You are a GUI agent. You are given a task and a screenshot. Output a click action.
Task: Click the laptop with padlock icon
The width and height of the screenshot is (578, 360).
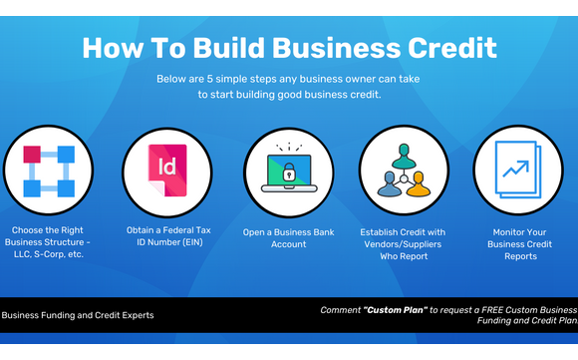tap(288, 171)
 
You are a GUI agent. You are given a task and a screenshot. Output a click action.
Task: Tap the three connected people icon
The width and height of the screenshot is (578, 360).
tap(404, 171)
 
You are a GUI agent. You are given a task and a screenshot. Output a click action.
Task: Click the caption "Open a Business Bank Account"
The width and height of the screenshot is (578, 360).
tap(288, 237)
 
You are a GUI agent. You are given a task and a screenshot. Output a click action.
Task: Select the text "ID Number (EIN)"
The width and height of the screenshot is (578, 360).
tap(165, 244)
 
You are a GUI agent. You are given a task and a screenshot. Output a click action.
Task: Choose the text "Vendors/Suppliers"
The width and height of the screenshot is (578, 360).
tap(404, 244)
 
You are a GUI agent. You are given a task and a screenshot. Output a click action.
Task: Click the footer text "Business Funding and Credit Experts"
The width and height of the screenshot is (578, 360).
tap(78, 315)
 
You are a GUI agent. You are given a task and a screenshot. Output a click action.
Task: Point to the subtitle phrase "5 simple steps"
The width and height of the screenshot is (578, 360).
tap(250, 79)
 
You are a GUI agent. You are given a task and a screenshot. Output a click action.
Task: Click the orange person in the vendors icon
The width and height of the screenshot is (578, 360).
tap(419, 186)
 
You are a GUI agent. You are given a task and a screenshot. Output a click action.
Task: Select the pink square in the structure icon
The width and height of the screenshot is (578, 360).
tap(30, 154)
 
